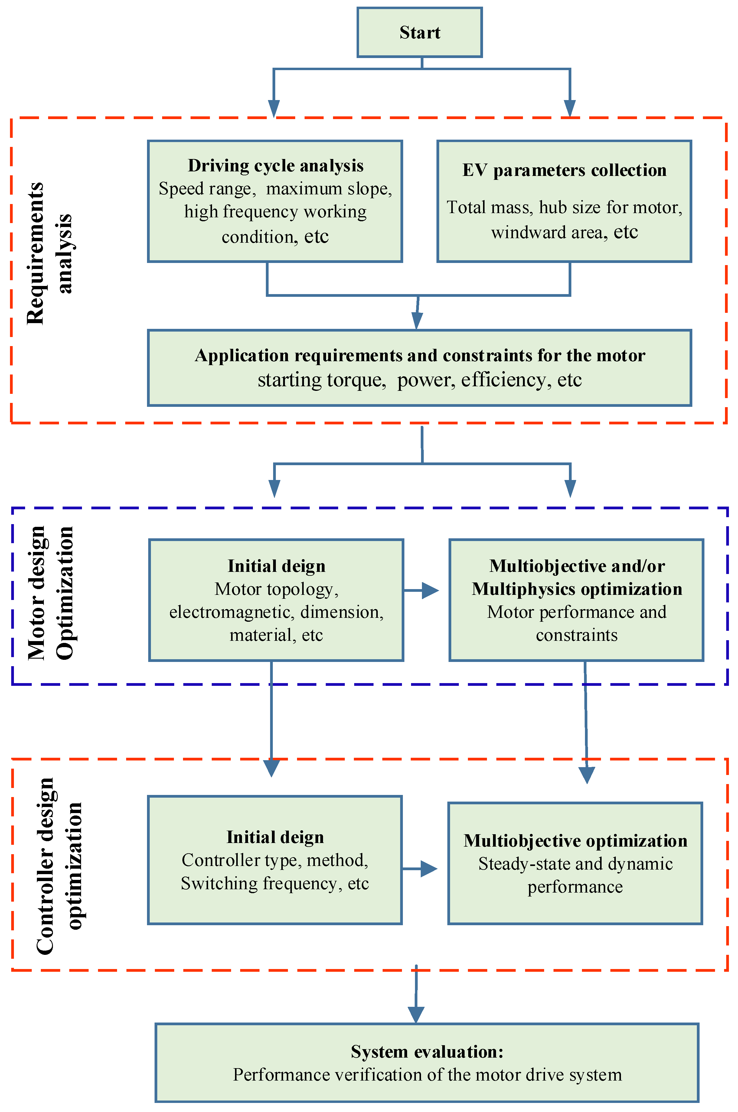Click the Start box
tap(420, 32)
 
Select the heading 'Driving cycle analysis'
tap(275, 166)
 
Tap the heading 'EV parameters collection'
tap(564, 170)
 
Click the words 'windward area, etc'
tap(564, 232)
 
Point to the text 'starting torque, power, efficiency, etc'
tap(420, 380)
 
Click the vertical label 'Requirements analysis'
tap(49, 254)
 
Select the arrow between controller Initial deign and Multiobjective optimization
tap(421, 869)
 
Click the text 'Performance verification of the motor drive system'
tap(427, 1075)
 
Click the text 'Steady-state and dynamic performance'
tap(575, 875)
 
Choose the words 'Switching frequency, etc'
tap(275, 883)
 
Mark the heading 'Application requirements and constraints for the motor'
tap(420, 356)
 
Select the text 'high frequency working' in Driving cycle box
tap(275, 212)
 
